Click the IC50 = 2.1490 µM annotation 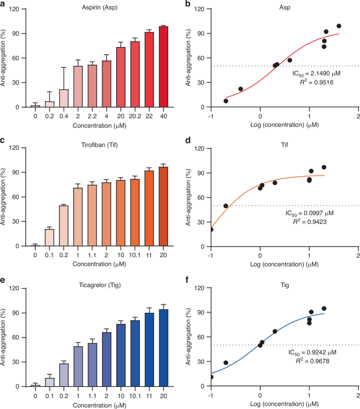[318, 75]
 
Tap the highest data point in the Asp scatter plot [339, 26]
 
